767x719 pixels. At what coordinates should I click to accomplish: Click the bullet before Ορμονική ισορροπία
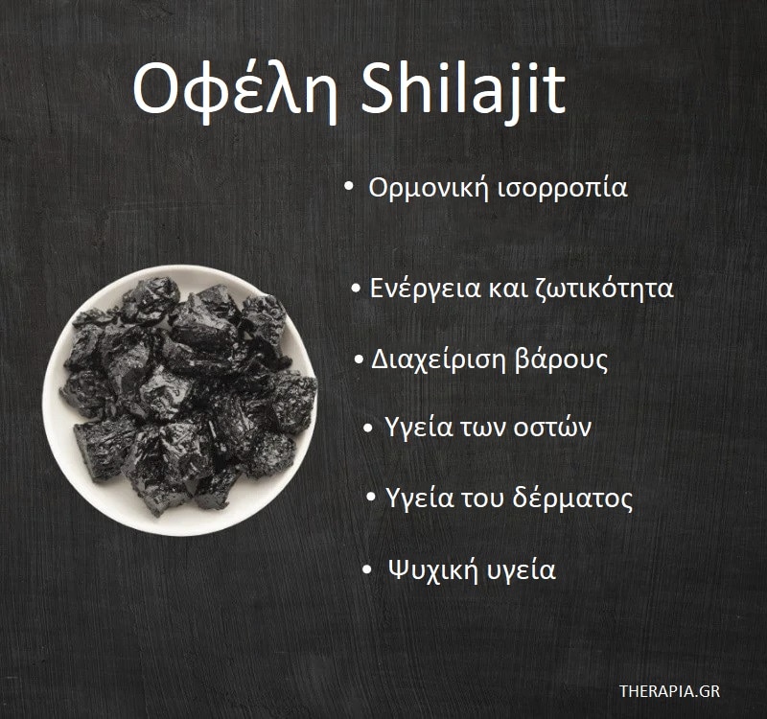coord(349,188)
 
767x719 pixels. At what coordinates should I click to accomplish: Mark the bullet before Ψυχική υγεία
coord(367,570)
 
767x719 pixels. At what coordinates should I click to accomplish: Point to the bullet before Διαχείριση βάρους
coord(358,361)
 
